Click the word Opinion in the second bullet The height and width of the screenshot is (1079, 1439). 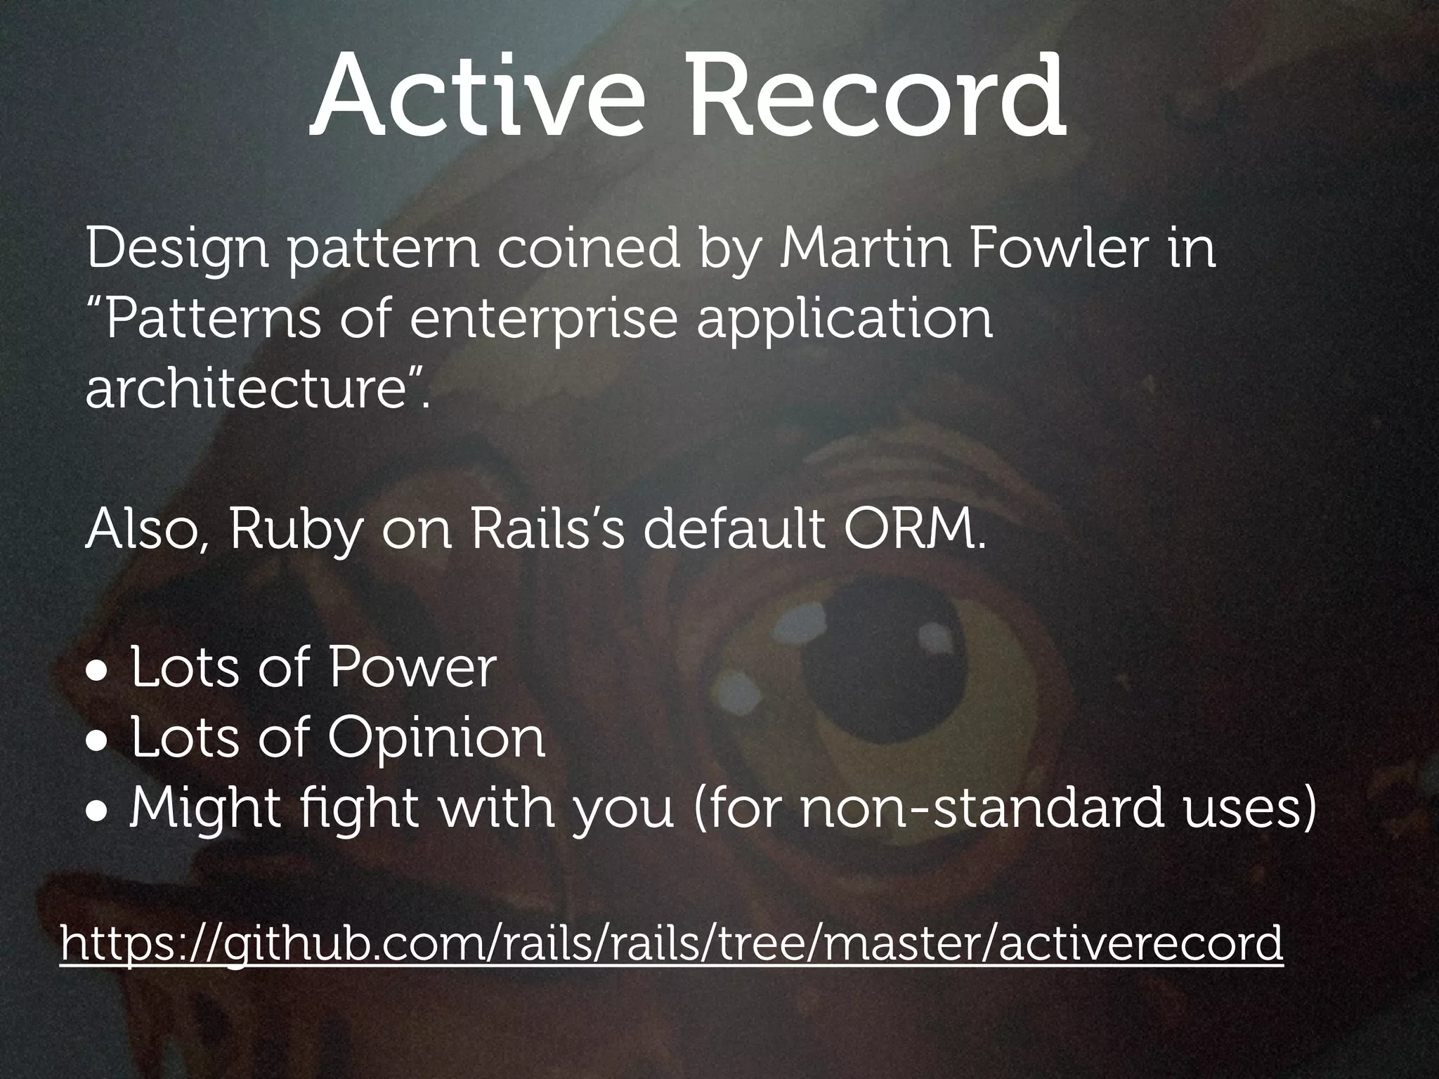[x=436, y=740]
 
